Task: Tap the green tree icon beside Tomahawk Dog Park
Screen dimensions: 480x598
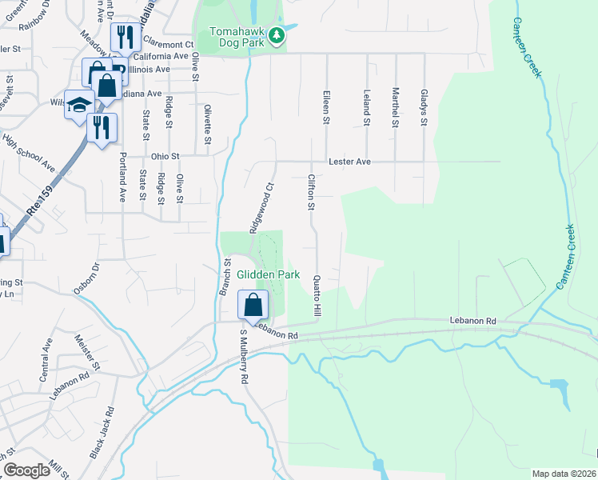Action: (276, 34)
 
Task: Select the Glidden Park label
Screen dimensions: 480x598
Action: (268, 274)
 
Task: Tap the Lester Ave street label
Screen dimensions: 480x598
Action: (353, 162)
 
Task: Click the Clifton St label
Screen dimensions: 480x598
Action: (311, 193)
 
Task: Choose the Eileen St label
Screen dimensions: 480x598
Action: (326, 108)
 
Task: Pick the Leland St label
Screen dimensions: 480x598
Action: (368, 108)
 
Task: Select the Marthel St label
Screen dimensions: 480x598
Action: (395, 108)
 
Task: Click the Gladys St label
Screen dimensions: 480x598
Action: (425, 108)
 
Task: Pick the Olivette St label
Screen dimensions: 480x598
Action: (208, 125)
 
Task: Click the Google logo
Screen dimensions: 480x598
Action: (27, 470)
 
